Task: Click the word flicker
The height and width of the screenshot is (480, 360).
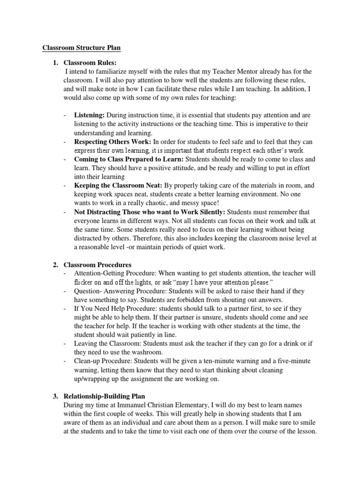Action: tap(84, 283)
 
